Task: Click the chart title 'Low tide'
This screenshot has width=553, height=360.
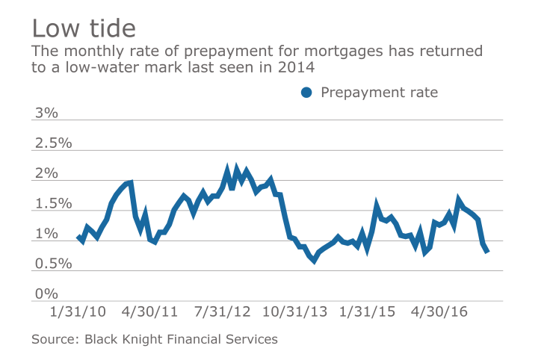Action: (84, 28)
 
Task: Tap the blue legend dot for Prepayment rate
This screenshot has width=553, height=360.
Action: (306, 93)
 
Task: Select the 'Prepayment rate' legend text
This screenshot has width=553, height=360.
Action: (379, 93)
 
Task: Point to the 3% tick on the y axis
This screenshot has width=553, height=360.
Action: (45, 113)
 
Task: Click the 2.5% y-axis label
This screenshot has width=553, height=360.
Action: (52, 143)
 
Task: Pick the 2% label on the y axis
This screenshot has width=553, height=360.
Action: (45, 173)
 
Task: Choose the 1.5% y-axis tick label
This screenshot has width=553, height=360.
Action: (52, 204)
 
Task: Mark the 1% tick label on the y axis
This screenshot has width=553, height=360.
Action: (45, 234)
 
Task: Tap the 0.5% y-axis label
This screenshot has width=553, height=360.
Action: (52, 264)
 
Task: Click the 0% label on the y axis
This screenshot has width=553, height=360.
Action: (45, 294)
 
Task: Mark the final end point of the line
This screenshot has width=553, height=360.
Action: (487, 251)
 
